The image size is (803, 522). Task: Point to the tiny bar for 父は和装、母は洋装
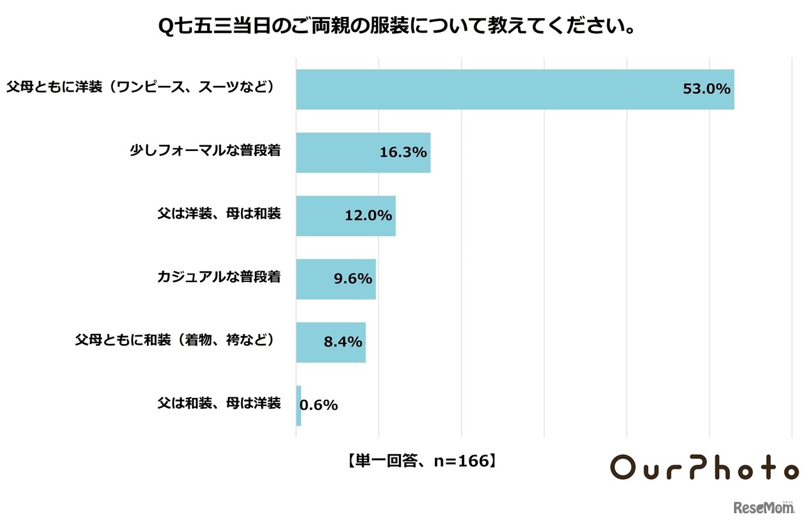tap(299, 405)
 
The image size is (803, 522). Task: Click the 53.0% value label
tap(706, 90)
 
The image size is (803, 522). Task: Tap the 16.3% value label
tap(403, 153)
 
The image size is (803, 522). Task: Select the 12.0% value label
tap(368, 216)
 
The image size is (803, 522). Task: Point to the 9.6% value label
tap(353, 279)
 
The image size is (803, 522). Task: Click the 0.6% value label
tap(319, 405)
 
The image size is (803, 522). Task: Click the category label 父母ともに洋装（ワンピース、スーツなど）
tap(141, 86)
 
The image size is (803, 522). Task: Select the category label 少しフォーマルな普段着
tap(205, 150)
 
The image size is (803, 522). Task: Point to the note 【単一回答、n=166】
tap(422, 461)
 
